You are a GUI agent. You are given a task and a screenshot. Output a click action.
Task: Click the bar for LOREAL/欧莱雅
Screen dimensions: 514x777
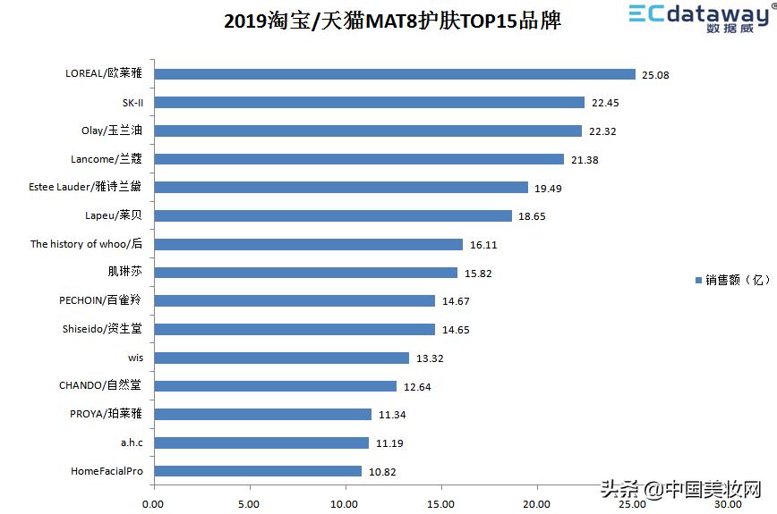pos(394,74)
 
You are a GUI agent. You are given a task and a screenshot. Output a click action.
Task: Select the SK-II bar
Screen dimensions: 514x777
pos(369,103)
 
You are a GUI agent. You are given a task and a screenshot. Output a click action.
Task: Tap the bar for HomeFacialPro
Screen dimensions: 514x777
pos(258,471)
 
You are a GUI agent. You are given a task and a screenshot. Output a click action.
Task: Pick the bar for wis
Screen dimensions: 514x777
pos(281,358)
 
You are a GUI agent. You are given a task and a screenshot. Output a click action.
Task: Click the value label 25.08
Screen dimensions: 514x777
pos(655,75)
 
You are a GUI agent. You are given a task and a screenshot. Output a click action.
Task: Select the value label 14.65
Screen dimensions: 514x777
pos(456,330)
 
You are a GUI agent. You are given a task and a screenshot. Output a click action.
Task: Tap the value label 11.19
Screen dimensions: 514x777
pos(389,443)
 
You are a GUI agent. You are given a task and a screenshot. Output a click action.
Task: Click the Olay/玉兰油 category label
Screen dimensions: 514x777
pos(112,131)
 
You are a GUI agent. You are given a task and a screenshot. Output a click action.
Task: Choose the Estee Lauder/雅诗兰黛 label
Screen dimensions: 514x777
pos(86,188)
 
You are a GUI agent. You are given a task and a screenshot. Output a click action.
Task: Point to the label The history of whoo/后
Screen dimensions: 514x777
pos(86,244)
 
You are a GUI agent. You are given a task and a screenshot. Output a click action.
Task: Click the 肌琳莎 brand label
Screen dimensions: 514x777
pos(124,273)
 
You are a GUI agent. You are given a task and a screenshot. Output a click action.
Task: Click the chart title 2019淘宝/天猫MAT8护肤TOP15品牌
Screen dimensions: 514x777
pos(392,21)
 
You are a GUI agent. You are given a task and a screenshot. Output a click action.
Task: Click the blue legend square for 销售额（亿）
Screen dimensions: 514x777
pos(699,281)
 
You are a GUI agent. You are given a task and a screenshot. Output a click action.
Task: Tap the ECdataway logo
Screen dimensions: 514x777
pos(699,18)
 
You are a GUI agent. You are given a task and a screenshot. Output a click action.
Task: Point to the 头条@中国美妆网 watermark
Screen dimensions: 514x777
pos(680,489)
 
